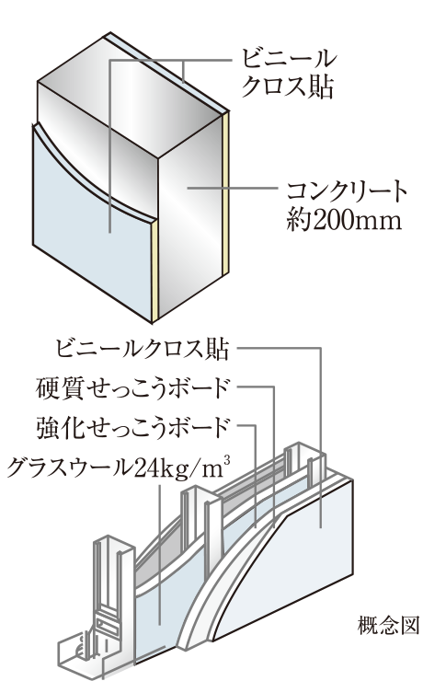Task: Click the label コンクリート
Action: (347, 192)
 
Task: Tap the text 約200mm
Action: (343, 221)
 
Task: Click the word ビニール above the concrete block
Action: (288, 60)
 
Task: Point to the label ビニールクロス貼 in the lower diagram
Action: (143, 349)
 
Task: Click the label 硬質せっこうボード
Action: (131, 388)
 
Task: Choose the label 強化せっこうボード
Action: (131, 427)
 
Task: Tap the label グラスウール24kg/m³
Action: (118, 467)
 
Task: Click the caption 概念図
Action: (388, 626)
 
